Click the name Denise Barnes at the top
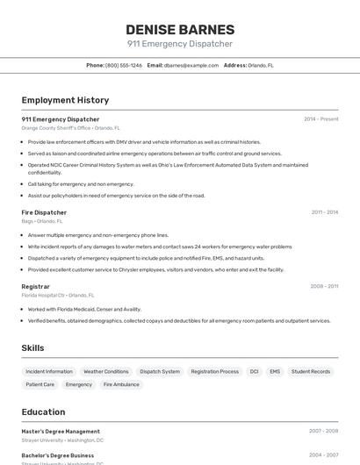(x=180, y=29)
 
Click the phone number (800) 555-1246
(x=124, y=65)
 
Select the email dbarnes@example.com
(x=191, y=65)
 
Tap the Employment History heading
(x=65, y=100)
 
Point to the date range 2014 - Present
(x=320, y=119)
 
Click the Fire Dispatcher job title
(x=44, y=212)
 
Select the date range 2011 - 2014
(x=324, y=212)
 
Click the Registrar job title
(x=36, y=286)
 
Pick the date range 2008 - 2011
(x=324, y=286)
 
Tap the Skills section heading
(x=32, y=348)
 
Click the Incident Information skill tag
(x=49, y=371)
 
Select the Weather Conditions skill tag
(x=105, y=371)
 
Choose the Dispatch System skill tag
(x=160, y=371)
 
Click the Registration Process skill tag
(x=214, y=371)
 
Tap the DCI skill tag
(x=254, y=371)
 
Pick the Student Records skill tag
(x=311, y=371)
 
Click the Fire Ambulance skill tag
(x=121, y=384)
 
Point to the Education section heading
(x=43, y=411)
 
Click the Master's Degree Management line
(x=61, y=432)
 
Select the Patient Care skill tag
(x=40, y=384)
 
